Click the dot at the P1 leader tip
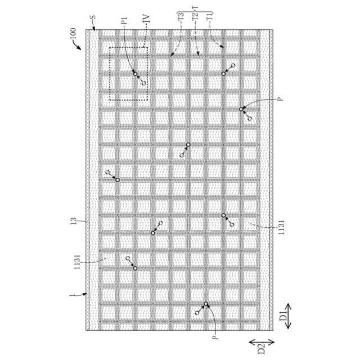click(x=135, y=73)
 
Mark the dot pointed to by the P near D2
click(x=206, y=304)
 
